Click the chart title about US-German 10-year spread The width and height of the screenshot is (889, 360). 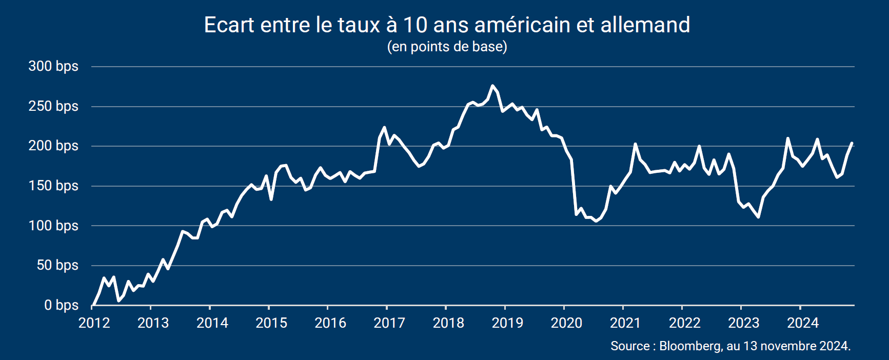click(x=447, y=25)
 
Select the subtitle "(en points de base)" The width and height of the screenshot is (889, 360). click(x=447, y=47)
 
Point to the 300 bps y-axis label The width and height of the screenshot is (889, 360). click(x=53, y=66)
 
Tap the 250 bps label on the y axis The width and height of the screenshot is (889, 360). click(x=53, y=106)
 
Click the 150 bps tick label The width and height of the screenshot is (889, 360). click(x=53, y=186)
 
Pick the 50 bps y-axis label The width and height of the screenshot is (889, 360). click(x=57, y=265)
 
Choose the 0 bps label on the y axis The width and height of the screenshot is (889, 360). click(x=61, y=305)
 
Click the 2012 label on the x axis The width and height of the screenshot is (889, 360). click(x=94, y=323)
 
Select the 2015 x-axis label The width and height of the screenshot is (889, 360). click(x=271, y=323)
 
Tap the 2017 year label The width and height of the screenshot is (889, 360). click(x=389, y=323)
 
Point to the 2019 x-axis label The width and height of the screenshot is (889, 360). click(x=507, y=323)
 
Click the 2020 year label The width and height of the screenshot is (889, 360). click(x=566, y=323)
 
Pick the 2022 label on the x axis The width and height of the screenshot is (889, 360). click(x=685, y=323)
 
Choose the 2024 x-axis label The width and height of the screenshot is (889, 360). click(x=803, y=323)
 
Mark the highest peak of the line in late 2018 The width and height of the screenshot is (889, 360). click(x=492, y=86)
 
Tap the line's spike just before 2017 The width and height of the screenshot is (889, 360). click(x=384, y=127)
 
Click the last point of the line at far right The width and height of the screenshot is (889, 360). click(x=852, y=143)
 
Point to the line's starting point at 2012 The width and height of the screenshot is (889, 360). click(x=93, y=306)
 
